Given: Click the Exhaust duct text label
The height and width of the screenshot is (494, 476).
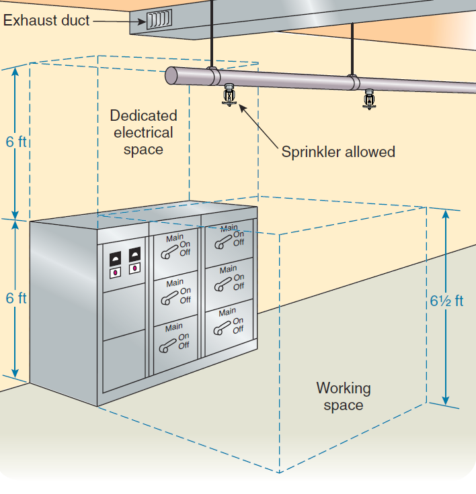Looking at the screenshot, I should point(46,20).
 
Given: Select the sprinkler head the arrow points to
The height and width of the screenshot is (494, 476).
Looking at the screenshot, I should point(230,95).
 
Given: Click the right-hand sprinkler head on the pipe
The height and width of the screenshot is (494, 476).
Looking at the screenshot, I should point(368,99).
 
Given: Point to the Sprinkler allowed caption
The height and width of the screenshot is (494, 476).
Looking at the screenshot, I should point(338,152).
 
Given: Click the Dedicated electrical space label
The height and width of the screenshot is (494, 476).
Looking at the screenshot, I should point(143,132).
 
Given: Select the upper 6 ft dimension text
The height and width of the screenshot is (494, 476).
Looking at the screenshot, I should point(16,144).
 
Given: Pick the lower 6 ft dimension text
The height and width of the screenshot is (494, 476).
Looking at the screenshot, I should point(16,298).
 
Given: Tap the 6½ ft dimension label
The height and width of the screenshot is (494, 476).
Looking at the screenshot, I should point(446,301).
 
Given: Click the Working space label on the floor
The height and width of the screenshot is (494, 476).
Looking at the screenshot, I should point(343,396).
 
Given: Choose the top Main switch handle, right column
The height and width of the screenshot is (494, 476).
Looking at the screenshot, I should point(221,240).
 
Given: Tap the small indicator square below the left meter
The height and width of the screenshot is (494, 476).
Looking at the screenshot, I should point(115,273).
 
